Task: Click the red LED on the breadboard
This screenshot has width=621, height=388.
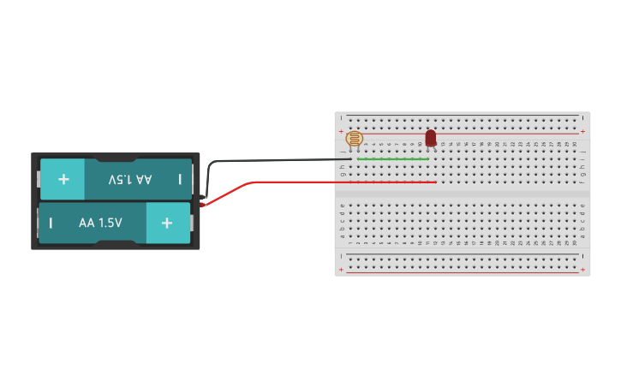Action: pos(430,138)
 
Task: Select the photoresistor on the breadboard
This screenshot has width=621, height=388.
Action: pos(354,138)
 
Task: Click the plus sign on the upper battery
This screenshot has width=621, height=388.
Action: pos(63,179)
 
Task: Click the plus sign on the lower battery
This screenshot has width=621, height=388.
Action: pos(167,223)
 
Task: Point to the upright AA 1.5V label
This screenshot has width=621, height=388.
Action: pos(100,223)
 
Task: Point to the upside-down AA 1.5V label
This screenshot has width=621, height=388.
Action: pos(129,179)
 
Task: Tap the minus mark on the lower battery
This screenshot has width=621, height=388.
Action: pos(51,223)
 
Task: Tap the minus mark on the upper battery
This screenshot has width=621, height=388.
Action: pos(180,179)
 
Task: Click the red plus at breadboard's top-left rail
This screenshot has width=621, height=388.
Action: pos(341,131)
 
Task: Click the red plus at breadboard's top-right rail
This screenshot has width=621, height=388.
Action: pos(583,131)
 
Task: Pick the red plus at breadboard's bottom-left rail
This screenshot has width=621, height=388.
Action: pos(341,271)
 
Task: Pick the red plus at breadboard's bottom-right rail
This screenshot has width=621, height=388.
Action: pos(583,271)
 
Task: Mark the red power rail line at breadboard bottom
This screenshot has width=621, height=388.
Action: pos(463,272)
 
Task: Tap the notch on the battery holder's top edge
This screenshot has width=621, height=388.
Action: pos(116,158)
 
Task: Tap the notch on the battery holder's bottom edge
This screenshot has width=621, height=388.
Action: pos(116,244)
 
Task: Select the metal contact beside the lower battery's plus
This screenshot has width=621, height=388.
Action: pos(193,223)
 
